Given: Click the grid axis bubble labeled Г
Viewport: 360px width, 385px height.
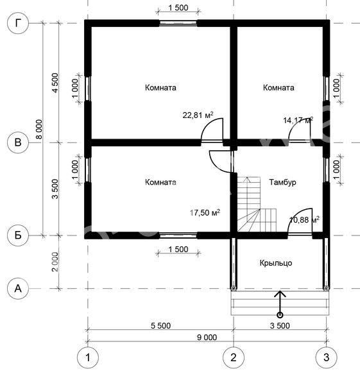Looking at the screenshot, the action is [x=18, y=23].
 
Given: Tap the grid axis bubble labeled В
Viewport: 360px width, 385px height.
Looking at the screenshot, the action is [x=18, y=142].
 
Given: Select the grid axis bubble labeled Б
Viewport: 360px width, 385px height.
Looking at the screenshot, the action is [x=18, y=235].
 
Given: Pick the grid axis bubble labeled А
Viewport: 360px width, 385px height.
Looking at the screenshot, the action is [x=18, y=289].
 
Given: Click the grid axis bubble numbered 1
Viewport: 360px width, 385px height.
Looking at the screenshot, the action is [x=88, y=357].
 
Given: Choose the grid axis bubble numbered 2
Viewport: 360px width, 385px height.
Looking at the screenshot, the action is [x=234, y=357].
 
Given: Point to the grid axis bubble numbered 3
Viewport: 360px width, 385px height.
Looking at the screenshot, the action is [x=326, y=357].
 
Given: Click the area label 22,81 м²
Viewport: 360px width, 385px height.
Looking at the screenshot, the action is [x=198, y=115].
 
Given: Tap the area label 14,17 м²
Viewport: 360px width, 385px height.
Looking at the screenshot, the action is [x=298, y=120].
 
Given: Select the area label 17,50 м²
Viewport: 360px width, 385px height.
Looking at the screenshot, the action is [x=205, y=212].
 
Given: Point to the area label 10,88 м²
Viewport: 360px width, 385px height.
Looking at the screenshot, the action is [x=305, y=219].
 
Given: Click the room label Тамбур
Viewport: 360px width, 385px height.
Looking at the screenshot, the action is [x=282, y=182].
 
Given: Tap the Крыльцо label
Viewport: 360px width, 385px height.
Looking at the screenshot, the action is [x=276, y=263].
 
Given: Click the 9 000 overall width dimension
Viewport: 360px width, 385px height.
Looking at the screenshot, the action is [x=207, y=338].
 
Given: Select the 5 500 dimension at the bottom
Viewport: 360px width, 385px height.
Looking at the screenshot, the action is [x=160, y=325].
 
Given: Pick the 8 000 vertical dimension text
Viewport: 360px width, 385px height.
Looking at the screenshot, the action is [x=39, y=130].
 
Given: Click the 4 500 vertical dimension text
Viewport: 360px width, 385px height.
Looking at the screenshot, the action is [x=55, y=83].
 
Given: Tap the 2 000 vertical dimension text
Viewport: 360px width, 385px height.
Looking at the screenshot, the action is [x=55, y=262].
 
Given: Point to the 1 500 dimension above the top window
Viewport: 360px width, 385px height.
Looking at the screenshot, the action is [x=178, y=8].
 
